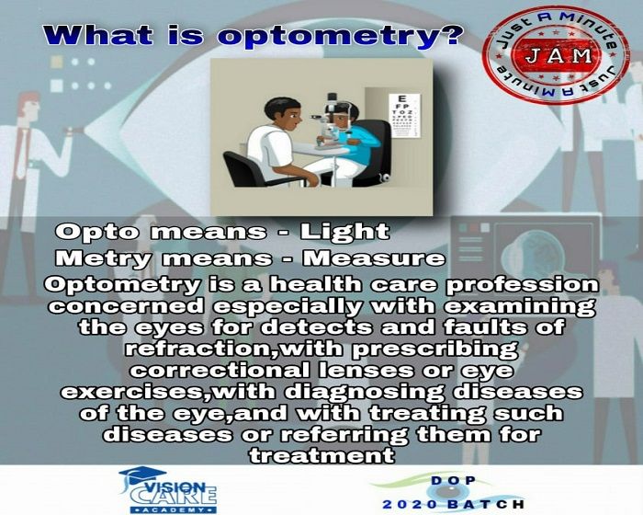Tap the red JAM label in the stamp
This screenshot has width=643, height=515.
558,55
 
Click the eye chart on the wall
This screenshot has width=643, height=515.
405,115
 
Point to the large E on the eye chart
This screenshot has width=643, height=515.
402,99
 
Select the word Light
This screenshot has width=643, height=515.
344,232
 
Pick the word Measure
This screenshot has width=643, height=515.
373,258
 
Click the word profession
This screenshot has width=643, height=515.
522,285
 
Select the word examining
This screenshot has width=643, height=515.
520,307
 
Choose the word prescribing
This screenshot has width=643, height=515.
435,349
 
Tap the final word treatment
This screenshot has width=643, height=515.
321,455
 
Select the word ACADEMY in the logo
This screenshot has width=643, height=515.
174,510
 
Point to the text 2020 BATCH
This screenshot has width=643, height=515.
453,504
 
